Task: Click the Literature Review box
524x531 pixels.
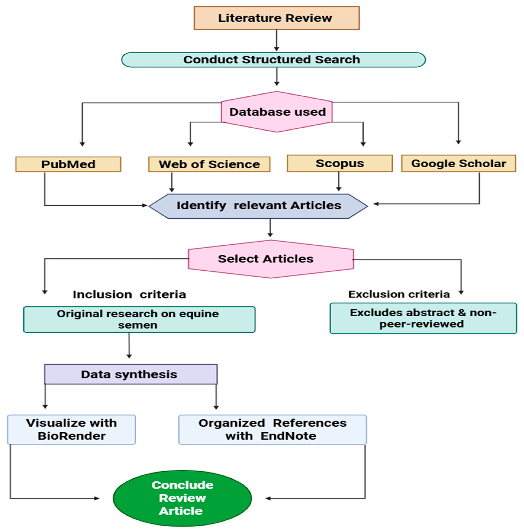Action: [276, 18]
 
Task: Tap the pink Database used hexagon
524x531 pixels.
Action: [277, 112]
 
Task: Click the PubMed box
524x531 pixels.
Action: [68, 164]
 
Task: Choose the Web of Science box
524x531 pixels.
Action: [209, 164]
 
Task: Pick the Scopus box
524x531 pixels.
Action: [339, 163]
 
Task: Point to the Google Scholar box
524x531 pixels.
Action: [458, 163]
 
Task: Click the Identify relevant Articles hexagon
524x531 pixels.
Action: [258, 206]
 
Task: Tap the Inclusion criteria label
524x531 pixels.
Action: [129, 294]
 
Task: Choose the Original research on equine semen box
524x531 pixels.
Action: [139, 319]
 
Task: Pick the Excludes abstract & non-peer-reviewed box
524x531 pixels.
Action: [423, 318]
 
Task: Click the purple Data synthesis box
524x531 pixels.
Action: [131, 374]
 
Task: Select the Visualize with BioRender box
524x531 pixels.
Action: [72, 429]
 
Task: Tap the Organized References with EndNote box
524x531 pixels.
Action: [272, 429]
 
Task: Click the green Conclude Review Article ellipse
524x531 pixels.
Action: [182, 498]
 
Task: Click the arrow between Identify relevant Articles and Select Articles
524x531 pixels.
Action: [270, 228]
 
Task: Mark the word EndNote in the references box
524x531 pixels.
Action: [288, 436]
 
